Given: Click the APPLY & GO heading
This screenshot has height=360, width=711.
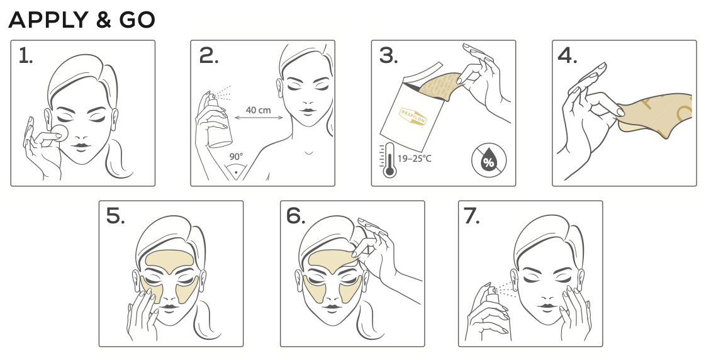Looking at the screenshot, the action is tap(82, 20).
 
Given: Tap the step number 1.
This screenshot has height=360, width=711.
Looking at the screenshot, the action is tap(25, 56).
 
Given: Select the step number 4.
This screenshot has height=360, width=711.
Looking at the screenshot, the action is tap(568, 56).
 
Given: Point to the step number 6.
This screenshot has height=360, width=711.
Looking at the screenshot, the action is tap(296, 217).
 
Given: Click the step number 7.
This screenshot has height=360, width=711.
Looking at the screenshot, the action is tap(471, 217).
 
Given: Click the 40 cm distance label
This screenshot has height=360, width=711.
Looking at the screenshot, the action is tap(259, 110).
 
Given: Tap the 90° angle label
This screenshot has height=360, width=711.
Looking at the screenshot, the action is tap(236, 157).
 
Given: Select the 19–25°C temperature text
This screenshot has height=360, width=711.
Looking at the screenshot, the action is tap(415, 159).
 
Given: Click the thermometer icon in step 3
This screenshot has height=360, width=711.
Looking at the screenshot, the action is tap(389, 160).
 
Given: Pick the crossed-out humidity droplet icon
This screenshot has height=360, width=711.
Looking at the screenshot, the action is tap(489, 160).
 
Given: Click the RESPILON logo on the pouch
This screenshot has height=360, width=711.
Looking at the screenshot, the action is tap(413, 116).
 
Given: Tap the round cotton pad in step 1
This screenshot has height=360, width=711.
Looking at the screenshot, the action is tap(60, 132).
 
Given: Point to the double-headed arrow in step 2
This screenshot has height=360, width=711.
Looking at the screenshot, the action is tap(259, 118).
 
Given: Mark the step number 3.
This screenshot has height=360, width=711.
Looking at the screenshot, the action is tap(389, 56).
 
